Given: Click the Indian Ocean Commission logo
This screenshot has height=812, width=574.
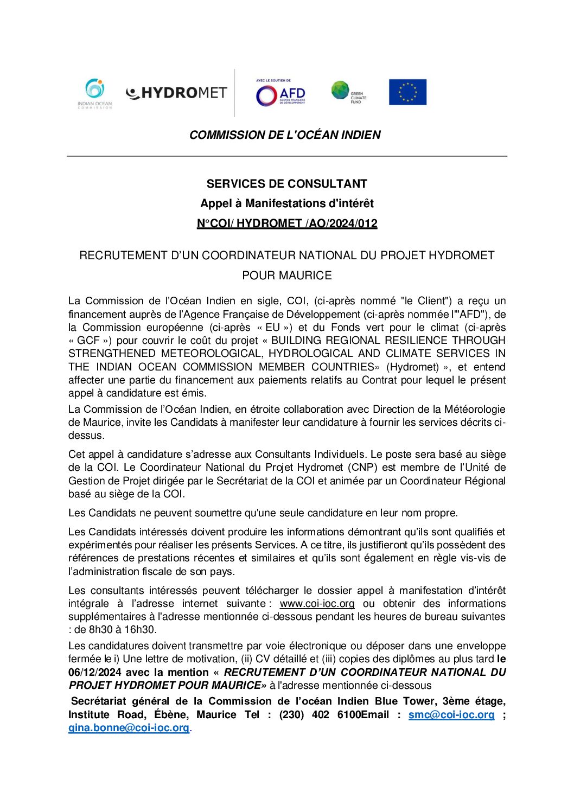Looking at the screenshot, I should pos(95,94).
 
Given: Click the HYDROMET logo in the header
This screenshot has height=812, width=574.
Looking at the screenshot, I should pos(176,93).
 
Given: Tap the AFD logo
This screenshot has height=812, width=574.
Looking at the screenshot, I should pos(280,94).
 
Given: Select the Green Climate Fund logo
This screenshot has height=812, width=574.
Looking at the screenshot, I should pos(349,92).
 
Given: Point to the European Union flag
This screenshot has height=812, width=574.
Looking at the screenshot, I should pos(407,92).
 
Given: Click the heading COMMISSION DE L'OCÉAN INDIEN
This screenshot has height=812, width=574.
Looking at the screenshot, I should pos(285,135).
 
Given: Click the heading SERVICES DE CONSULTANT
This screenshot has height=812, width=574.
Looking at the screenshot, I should pos(286,184).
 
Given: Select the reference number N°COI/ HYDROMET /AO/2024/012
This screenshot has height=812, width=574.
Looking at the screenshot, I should pos(286,223).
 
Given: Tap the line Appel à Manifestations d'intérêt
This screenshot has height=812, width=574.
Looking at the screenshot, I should pos(286,203).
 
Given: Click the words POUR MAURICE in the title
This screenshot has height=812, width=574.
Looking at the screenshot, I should pos(286,276).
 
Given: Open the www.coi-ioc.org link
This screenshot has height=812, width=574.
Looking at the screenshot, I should pos(317,604).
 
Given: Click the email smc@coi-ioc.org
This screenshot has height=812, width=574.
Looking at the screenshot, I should pos(451,715).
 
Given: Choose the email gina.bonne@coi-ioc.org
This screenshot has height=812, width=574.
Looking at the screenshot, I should pos(129,728).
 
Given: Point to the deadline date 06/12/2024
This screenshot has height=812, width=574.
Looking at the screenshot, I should pos(95,673).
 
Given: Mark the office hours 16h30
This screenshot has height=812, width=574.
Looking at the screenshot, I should pos(142,630).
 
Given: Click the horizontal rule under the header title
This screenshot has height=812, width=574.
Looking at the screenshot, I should pos(286,156).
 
